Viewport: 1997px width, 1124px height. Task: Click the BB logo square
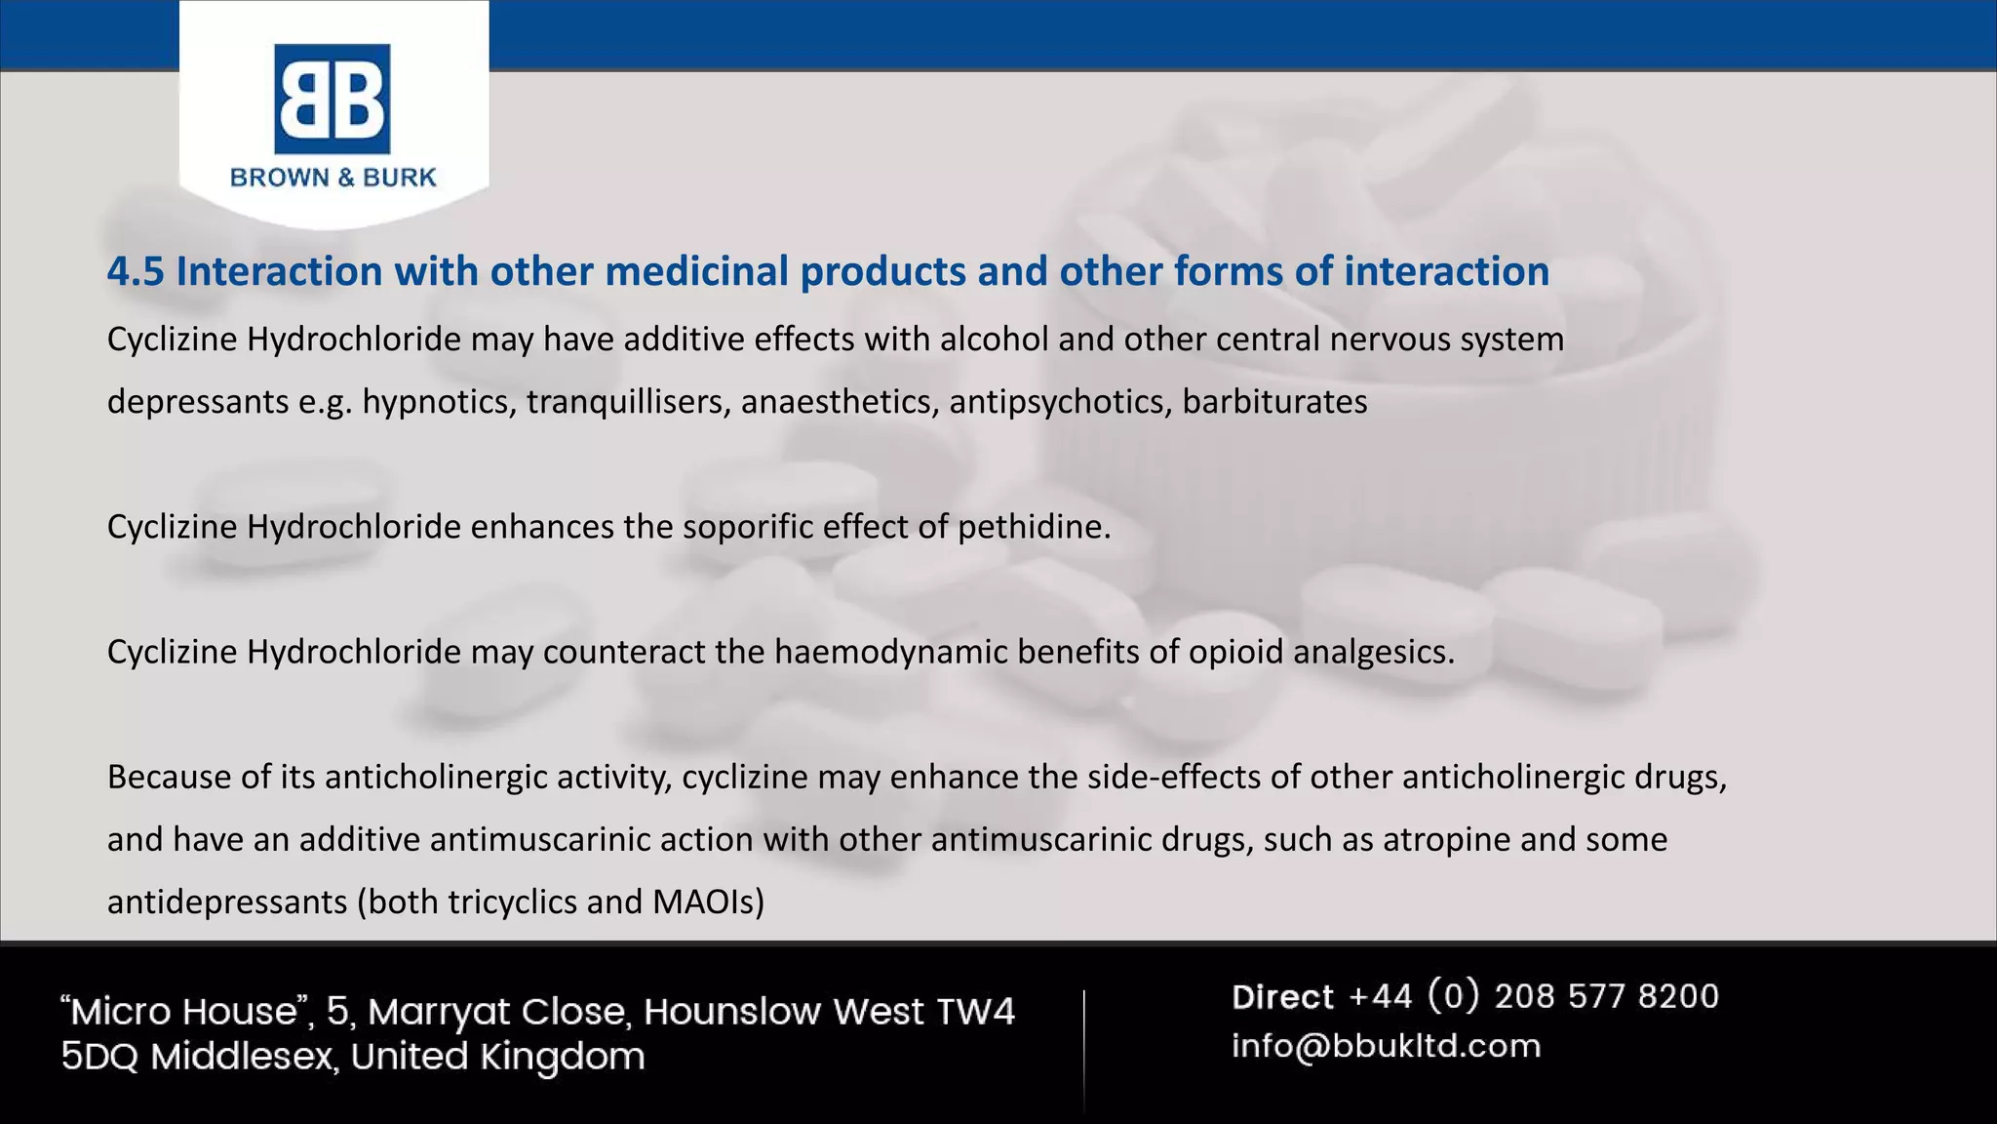coord(333,99)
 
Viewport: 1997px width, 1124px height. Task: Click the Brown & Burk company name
coord(333,178)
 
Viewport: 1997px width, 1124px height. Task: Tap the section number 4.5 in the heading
coord(136,271)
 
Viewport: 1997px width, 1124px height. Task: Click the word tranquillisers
coord(629,402)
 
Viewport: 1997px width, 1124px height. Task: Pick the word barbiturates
coord(1274,402)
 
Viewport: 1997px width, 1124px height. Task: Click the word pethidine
coord(1034,527)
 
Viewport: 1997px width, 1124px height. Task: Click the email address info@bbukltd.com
coord(1386,1046)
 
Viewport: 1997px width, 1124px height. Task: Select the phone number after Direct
coord(1534,996)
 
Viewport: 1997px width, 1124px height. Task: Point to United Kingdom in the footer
coord(497,1057)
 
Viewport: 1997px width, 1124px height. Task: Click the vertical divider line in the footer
coord(1083,1049)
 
